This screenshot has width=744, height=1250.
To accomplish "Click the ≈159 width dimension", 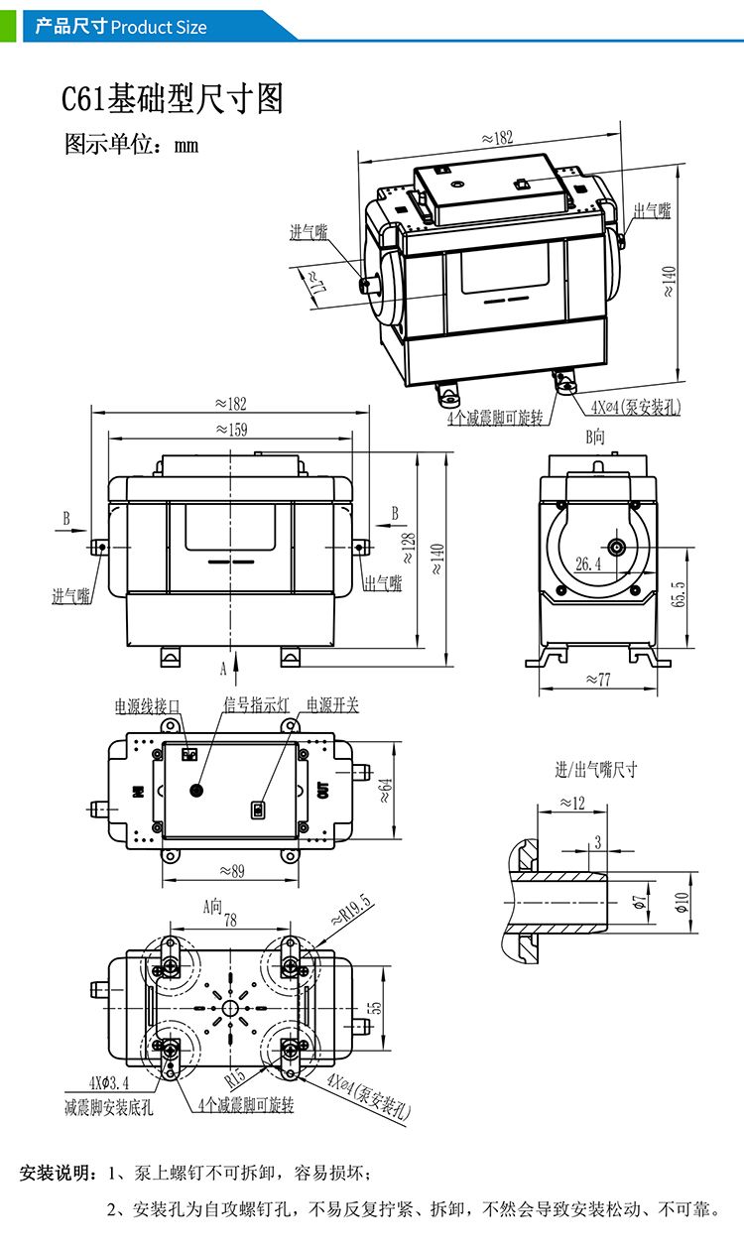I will (x=231, y=430).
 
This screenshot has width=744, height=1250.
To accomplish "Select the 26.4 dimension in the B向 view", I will (x=588, y=564).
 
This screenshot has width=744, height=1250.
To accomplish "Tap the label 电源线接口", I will (x=148, y=706).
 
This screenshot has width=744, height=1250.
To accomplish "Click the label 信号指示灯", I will (x=255, y=705).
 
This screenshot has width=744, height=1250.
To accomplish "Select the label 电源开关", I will (x=332, y=705).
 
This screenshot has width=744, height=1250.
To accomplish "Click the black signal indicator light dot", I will (x=195, y=790).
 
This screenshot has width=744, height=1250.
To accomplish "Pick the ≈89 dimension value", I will (x=230, y=871).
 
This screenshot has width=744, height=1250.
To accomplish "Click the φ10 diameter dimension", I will (x=682, y=900).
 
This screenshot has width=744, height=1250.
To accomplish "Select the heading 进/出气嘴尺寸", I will (x=595, y=770).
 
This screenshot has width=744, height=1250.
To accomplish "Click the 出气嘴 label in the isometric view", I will (x=652, y=211).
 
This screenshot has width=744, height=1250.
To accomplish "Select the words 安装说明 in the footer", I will (x=57, y=1175).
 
